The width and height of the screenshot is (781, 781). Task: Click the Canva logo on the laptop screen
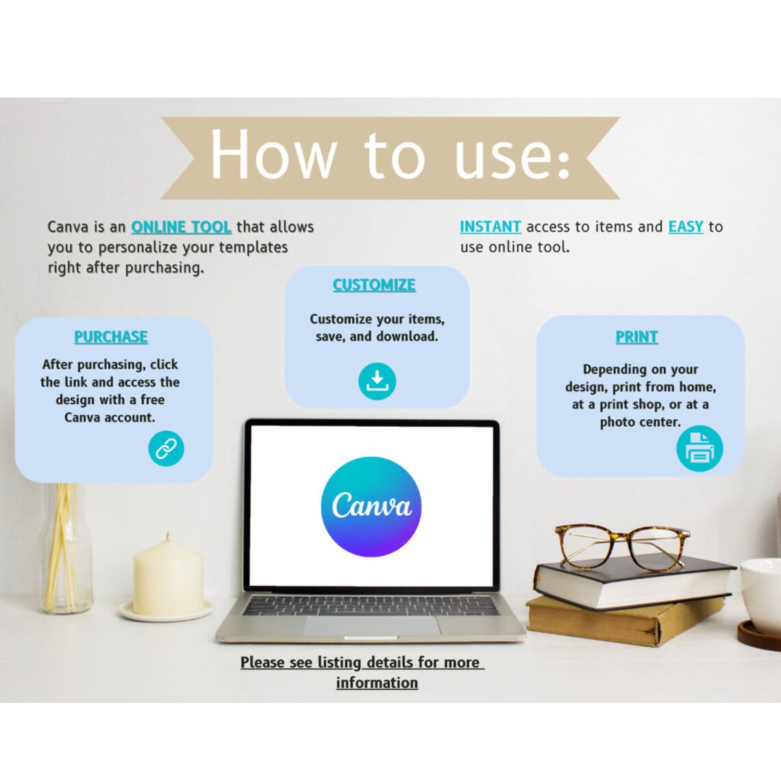coord(371,506)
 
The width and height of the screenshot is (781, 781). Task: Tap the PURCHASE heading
coord(111,337)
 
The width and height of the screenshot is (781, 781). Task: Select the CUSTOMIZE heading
coord(374,285)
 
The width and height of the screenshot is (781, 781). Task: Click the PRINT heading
coord(636,337)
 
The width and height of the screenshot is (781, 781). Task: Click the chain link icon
coord(166,449)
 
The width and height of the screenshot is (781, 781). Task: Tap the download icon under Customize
coord(377,382)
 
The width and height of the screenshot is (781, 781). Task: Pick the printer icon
coord(699,449)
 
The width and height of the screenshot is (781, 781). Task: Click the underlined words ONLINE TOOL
coord(181,227)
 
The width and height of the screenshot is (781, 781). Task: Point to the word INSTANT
coord(490,227)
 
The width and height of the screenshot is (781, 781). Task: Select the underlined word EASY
coord(685,227)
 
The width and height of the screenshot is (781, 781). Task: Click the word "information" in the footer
coord(377,683)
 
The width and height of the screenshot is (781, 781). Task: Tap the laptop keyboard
coord(371,606)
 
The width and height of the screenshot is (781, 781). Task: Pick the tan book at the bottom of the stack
coord(623,621)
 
